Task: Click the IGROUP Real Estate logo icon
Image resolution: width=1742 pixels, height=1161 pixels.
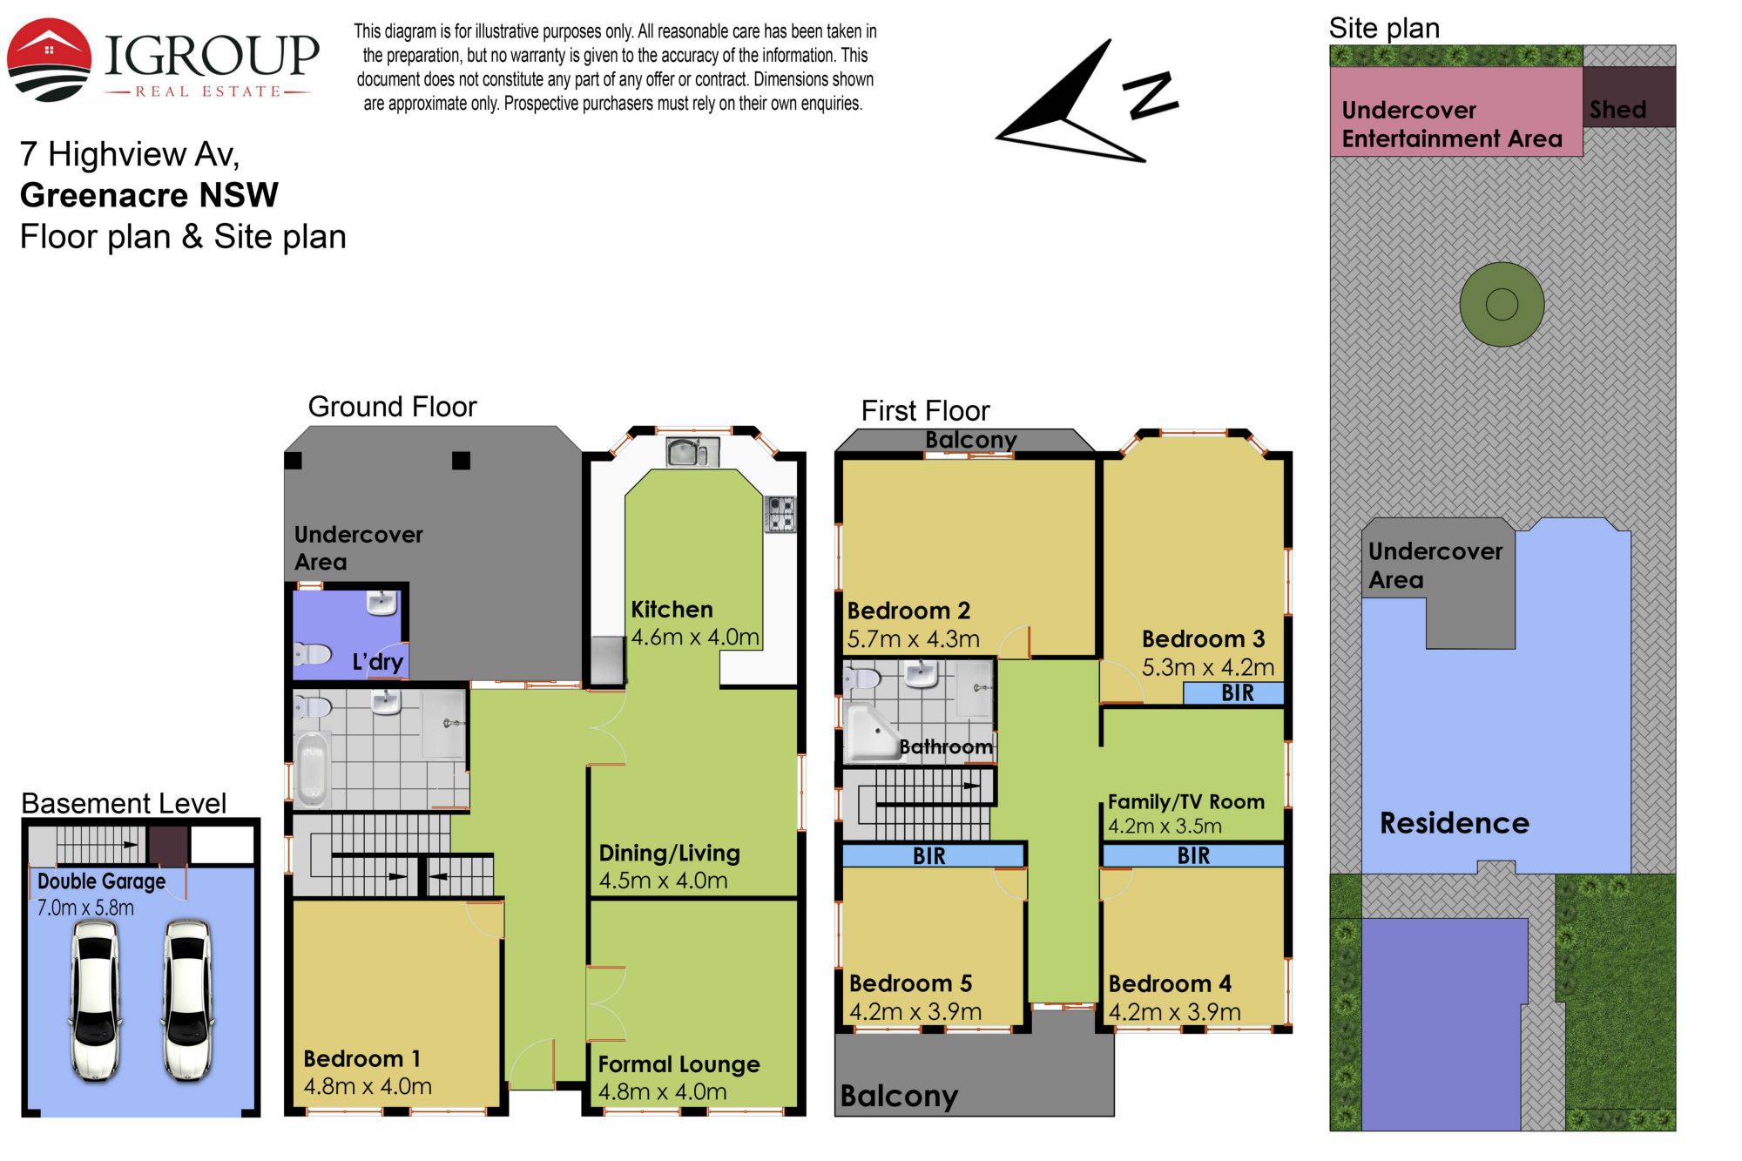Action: pyautogui.click(x=49, y=59)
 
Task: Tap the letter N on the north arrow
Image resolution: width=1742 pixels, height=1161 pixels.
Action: pyautogui.click(x=1151, y=94)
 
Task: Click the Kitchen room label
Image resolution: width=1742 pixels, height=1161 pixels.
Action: pyautogui.click(x=672, y=610)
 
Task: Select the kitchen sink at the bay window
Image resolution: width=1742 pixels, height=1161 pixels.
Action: pyautogui.click(x=692, y=452)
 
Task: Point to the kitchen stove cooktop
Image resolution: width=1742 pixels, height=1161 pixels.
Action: pyautogui.click(x=780, y=514)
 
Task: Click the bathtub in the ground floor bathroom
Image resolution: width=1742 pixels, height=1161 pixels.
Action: pyautogui.click(x=312, y=769)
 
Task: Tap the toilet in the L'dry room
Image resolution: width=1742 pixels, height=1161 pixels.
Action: pyautogui.click(x=312, y=654)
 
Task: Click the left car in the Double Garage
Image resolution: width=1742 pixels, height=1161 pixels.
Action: pyautogui.click(x=96, y=1000)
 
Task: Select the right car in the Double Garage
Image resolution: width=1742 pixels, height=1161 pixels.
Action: pyautogui.click(x=186, y=1000)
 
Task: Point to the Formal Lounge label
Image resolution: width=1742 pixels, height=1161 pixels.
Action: pyautogui.click(x=679, y=1064)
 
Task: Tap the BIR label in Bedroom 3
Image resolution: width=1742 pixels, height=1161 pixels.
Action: pyautogui.click(x=1238, y=693)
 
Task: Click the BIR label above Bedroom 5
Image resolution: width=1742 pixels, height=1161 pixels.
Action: pyautogui.click(x=929, y=856)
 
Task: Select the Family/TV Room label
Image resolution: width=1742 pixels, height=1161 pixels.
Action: pyautogui.click(x=1186, y=802)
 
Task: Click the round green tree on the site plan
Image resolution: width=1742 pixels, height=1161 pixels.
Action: pyautogui.click(x=1502, y=305)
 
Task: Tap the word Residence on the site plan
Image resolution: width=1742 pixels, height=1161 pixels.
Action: pyautogui.click(x=1455, y=823)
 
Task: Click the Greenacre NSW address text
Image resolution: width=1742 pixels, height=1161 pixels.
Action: pyautogui.click(x=149, y=195)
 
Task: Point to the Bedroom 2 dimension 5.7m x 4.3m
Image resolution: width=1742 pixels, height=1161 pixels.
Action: pyautogui.click(x=914, y=639)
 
